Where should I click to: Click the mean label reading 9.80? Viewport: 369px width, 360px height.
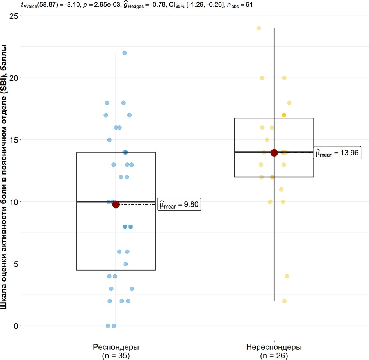[x=179, y=205]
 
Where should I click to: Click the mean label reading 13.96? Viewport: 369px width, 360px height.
[x=338, y=153]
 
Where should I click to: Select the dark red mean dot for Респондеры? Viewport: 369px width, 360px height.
[x=116, y=204]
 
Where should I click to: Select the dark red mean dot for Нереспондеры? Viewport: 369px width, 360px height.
[x=274, y=153]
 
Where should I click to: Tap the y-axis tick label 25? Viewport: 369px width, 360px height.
[x=14, y=16]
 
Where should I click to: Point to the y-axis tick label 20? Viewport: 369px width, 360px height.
[x=14, y=78]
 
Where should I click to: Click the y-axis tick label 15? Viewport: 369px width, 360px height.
[x=14, y=140]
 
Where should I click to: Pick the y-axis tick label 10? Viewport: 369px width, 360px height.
[x=14, y=202]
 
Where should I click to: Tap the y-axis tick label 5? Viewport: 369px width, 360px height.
[x=16, y=264]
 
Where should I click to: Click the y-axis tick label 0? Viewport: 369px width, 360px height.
[x=16, y=326]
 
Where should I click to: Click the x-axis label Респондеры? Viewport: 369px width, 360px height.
[x=116, y=347]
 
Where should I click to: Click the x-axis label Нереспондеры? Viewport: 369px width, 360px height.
[x=274, y=347]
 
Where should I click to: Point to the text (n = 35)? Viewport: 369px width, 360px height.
[x=116, y=355]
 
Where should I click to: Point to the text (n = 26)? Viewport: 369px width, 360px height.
[x=274, y=355]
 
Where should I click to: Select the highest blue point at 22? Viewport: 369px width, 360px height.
[x=125, y=53]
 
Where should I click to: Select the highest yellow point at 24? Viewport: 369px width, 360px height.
[x=258, y=28]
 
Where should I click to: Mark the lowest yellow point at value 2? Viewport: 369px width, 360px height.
[x=284, y=301]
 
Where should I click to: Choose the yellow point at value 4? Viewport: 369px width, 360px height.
[x=287, y=276]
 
